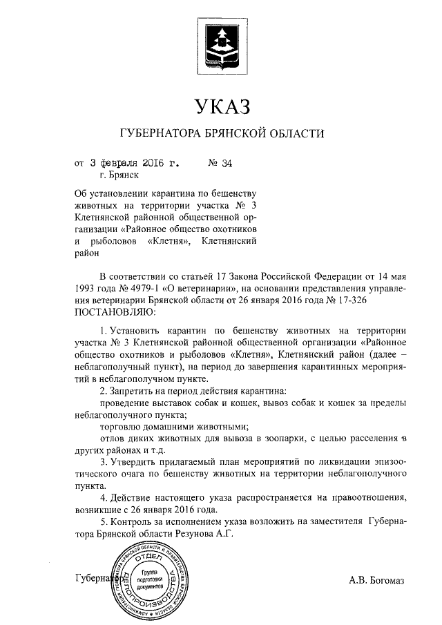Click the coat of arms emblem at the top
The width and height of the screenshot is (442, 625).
[x=220, y=42]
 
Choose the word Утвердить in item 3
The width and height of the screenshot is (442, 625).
[x=137, y=461]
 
